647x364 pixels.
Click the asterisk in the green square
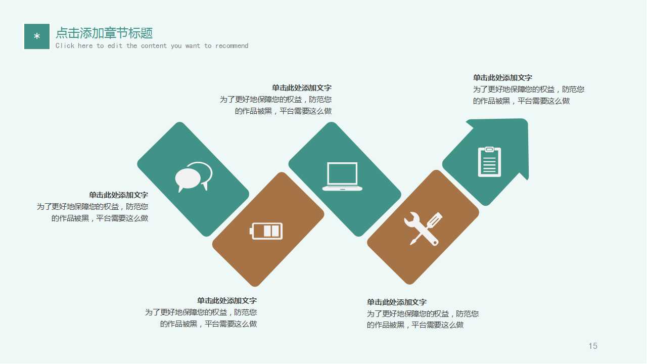(37, 37)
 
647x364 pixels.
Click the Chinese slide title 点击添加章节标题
(104, 33)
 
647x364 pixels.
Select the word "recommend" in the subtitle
(232, 46)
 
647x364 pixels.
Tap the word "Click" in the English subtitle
(65, 46)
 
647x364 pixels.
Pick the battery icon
(266, 231)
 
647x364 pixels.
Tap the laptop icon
(342, 176)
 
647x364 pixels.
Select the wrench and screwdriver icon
(423, 229)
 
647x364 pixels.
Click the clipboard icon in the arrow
(489, 162)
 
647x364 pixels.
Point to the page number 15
(593, 346)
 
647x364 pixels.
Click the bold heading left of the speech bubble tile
(119, 195)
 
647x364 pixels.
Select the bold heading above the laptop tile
(302, 88)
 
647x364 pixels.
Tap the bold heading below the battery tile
(227, 301)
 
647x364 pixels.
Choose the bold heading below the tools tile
(397, 302)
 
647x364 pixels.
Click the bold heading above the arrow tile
(502, 78)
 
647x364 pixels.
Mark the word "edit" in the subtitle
(115, 46)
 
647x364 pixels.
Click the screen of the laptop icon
(342, 173)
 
